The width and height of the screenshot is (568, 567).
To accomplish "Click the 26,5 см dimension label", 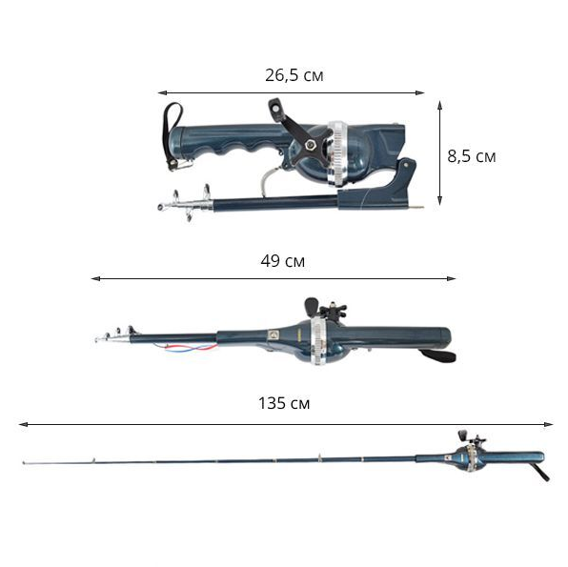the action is coord(294,75).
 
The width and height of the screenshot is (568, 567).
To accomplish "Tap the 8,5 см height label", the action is coord(472,156).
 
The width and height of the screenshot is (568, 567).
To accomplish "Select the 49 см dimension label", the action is coord(282,261).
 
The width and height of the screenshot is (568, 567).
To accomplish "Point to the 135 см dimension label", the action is coord(284,403).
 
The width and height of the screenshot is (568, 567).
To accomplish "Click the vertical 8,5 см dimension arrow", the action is coord(439,152).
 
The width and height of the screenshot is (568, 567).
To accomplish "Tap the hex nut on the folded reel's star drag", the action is coord(310,145).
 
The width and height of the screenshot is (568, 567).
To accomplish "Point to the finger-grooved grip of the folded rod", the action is coord(232,142).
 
